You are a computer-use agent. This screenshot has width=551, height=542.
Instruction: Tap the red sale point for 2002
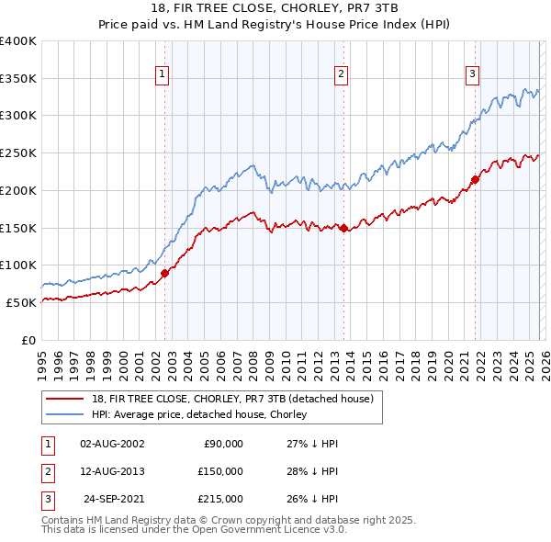coord(165,273)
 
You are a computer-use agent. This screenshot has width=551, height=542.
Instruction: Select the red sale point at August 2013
coord(343,228)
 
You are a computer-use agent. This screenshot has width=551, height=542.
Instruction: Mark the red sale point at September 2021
coord(476,179)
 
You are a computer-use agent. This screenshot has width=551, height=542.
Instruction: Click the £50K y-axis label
coord(21,302)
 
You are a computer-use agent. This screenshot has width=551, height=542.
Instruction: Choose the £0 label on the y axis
coord(28,340)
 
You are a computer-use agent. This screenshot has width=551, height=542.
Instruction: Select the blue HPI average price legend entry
coord(204,415)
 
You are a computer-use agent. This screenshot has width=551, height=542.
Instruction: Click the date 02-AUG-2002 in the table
coord(112,444)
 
